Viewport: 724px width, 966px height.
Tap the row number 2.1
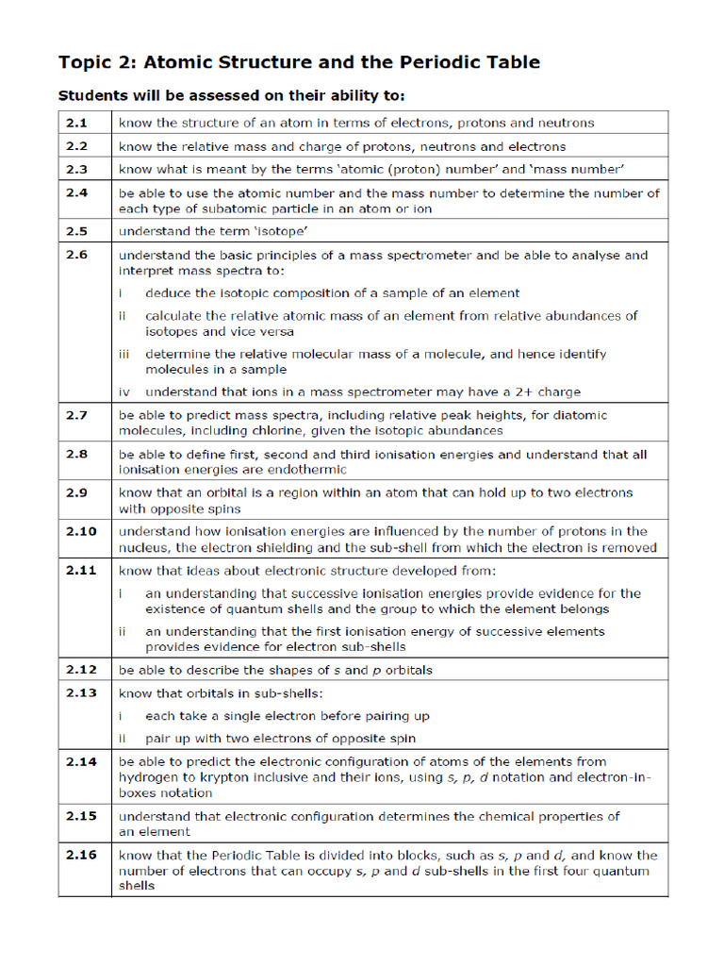click(x=76, y=123)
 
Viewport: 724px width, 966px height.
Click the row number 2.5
click(x=76, y=231)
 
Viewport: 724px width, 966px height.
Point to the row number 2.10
click(x=81, y=531)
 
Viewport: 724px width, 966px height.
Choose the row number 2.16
click(x=81, y=856)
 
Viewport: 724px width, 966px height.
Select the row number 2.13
click(x=81, y=693)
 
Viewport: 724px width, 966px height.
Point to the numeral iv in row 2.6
click(x=124, y=391)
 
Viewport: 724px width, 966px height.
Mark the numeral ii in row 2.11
click(x=123, y=631)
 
